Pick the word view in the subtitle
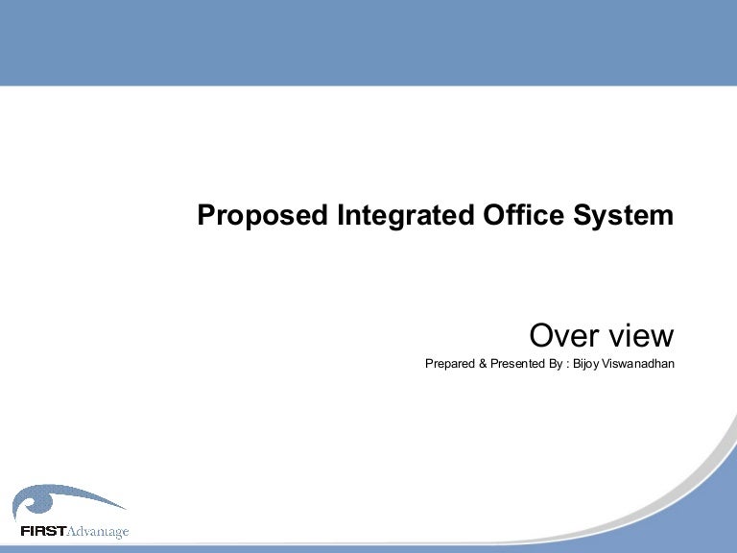(641, 336)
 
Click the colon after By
(567, 365)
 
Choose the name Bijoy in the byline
(585, 365)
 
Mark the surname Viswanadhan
(638, 365)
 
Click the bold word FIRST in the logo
(42, 531)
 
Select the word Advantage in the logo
(97, 532)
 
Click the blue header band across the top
(368, 42)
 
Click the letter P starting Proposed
(204, 215)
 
